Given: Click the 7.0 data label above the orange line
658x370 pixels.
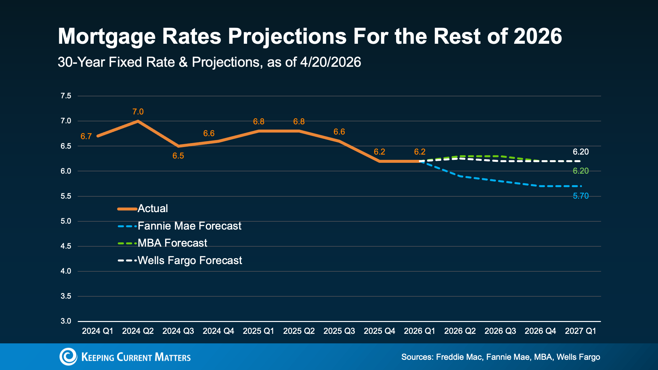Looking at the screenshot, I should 138,112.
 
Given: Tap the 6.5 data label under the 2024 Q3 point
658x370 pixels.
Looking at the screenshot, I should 178,156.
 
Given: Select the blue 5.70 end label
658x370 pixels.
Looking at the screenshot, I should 581,196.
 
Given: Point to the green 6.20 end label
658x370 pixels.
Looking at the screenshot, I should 581,171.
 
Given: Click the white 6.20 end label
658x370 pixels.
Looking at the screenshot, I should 581,152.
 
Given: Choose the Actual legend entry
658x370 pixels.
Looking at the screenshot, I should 153,209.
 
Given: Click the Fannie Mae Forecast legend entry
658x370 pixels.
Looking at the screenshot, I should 189,226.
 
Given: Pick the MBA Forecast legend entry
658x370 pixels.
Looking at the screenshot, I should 172,243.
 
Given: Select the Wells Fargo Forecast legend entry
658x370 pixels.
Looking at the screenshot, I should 190,260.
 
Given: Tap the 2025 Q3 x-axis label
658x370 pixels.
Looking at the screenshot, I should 339,331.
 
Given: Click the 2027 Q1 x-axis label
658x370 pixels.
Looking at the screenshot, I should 580,331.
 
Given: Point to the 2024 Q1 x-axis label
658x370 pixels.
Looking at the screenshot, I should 98,331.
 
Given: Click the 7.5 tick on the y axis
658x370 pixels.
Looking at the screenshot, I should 66,96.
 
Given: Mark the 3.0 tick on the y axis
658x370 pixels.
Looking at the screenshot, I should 66,321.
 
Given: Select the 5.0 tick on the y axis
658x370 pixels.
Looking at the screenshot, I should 66,221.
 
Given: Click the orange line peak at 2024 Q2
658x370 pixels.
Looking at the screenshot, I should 138,121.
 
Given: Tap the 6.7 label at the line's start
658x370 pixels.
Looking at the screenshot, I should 86,136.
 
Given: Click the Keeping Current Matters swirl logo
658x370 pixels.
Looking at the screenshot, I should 68,357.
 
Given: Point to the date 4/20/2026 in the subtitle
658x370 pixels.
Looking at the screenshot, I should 330,62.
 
